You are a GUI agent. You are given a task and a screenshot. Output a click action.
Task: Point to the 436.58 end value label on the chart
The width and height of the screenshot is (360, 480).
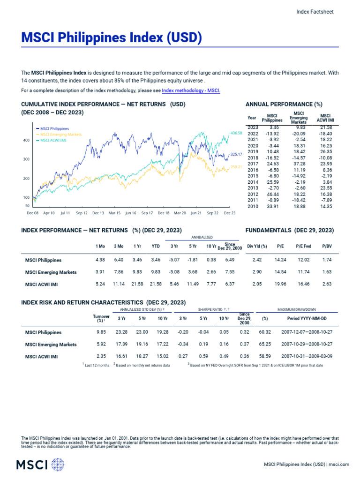pyautogui.click(x=237, y=133)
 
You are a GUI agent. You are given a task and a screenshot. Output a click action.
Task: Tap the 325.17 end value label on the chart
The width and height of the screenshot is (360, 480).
pyautogui.click(x=236, y=154)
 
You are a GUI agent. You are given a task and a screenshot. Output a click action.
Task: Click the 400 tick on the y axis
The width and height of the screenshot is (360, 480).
pyautogui.click(x=26, y=140)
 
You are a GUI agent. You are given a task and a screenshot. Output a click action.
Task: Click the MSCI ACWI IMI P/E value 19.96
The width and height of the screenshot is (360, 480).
pyautogui.click(x=280, y=284)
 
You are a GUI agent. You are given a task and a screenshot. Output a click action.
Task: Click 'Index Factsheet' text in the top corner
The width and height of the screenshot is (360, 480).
pyautogui.click(x=315, y=12)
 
